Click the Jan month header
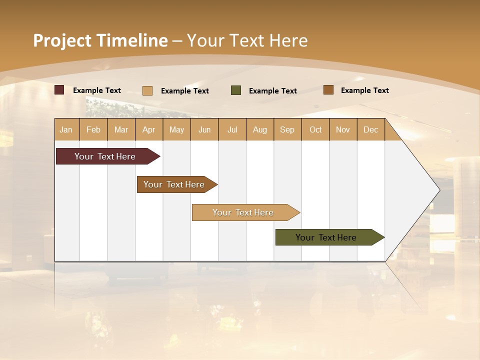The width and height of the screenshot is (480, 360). (66, 129)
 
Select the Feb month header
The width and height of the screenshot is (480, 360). (93, 129)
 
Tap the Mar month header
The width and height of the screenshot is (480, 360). (121, 129)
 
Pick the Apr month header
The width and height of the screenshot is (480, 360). (149, 129)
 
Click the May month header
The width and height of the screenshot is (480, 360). (176, 129)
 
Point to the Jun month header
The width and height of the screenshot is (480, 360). (204, 129)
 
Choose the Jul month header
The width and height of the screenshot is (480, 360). (232, 129)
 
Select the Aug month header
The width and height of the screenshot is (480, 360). (260, 129)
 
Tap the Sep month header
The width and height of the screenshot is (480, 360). (287, 129)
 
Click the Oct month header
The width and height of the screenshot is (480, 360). (315, 129)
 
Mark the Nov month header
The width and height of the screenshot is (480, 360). (343, 129)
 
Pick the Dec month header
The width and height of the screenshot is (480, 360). (371, 129)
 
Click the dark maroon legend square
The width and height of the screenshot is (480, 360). (59, 90)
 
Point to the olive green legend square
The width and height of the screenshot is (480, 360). (236, 90)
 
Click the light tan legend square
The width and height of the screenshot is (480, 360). (147, 90)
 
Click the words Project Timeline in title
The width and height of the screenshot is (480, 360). (100, 40)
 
